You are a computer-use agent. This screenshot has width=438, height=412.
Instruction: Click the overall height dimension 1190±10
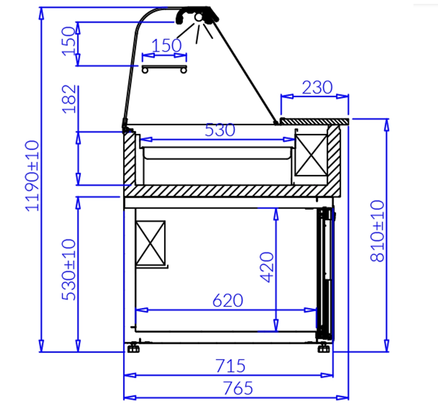point(32,176)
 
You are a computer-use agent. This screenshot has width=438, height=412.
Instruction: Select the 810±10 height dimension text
point(377,231)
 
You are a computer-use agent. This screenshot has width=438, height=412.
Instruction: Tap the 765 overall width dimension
point(238,388)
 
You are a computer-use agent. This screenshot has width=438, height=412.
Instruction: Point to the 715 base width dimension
point(230,366)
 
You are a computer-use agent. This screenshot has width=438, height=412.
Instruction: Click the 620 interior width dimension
point(227,301)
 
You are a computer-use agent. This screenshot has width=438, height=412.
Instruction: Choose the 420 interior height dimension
point(267,267)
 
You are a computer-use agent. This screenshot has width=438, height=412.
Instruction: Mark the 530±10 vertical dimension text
point(69,270)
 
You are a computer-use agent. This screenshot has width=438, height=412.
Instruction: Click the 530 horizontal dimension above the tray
point(220,130)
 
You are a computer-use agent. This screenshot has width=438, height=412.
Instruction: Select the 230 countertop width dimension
point(318,87)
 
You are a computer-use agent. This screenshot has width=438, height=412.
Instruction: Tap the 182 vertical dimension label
point(69,99)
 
